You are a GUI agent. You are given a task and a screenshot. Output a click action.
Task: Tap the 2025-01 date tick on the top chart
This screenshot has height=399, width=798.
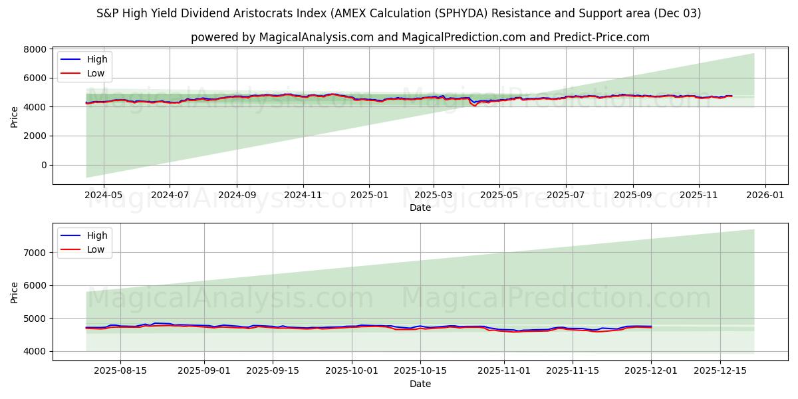pyautogui.click(x=368, y=196)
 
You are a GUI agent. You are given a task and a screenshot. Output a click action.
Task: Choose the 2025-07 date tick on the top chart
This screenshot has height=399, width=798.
pyautogui.click(x=566, y=196)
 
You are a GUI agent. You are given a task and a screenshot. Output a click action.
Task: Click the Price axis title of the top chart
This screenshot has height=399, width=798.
pyautogui.click(x=15, y=116)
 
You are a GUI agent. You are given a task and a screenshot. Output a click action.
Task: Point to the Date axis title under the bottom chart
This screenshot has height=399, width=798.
pyautogui.click(x=420, y=384)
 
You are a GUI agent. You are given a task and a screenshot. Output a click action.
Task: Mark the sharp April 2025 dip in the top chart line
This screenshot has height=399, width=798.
pyautogui.click(x=475, y=105)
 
